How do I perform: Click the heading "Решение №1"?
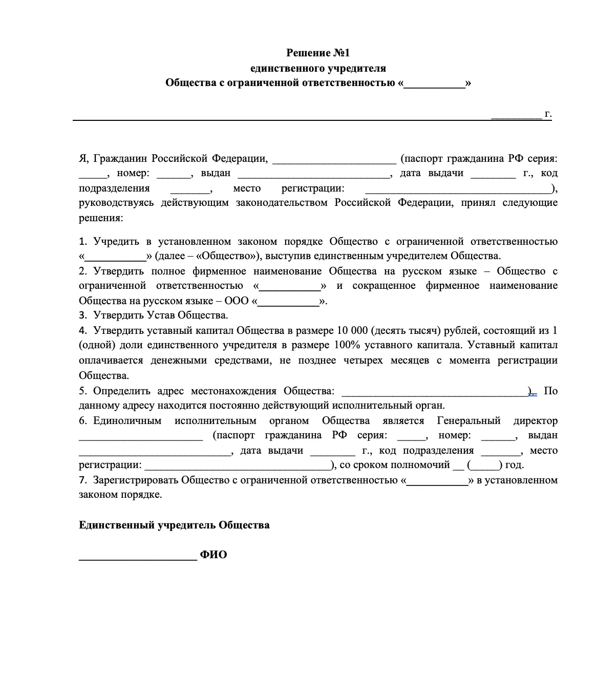(317, 53)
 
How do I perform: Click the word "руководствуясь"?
(116, 203)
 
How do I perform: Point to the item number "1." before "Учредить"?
(83, 241)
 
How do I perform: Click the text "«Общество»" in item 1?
(223, 256)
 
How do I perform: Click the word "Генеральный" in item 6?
(469, 420)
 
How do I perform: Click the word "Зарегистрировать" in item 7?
(136, 480)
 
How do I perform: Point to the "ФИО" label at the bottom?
(214, 555)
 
